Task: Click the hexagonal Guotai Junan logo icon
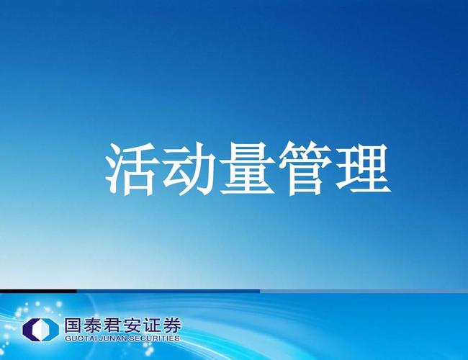(x=40, y=330)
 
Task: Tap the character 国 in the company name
(x=73, y=325)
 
